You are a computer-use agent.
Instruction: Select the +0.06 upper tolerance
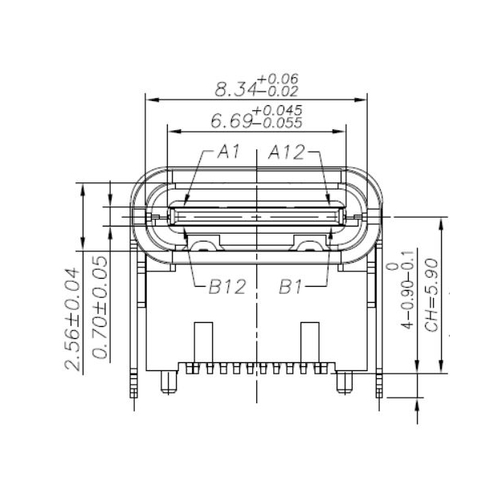pyautogui.click(x=277, y=79)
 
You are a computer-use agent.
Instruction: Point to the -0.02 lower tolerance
pyautogui.click(x=277, y=92)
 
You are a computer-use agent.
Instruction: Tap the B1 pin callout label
pyautogui.click(x=290, y=287)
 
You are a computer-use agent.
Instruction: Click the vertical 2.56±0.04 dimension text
pyautogui.click(x=72, y=320)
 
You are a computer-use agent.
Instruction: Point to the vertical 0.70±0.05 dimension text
pyautogui.click(x=100, y=307)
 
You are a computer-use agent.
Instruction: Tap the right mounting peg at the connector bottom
pyautogui.click(x=345, y=383)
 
